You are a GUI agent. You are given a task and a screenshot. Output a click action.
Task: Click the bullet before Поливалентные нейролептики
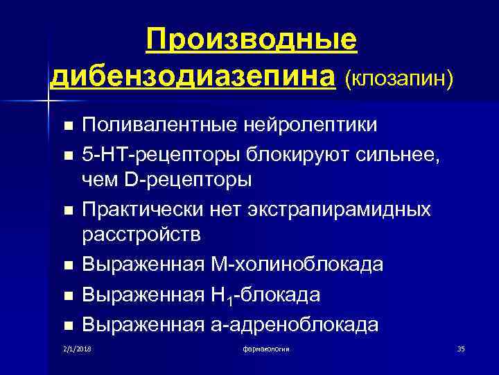click(67, 126)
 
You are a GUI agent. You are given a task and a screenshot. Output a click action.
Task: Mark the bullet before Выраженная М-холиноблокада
click(67, 265)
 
